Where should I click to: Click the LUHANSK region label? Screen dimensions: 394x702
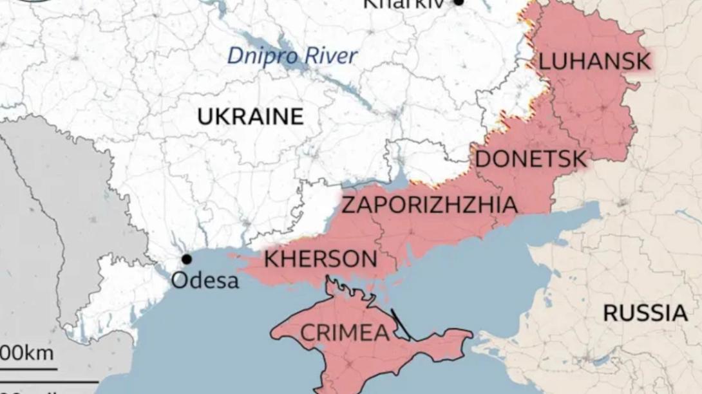click(594, 62)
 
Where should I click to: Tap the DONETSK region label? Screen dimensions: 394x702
click(531, 158)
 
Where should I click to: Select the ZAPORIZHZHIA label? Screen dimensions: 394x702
click(429, 205)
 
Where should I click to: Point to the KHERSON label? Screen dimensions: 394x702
click(321, 259)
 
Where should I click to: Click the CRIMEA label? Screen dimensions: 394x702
click(345, 333)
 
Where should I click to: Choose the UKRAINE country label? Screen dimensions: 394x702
click(251, 117)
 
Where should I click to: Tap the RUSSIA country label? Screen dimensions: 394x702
click(645, 314)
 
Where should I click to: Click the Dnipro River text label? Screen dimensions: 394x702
click(292, 56)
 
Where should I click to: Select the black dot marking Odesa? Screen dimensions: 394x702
click(186, 259)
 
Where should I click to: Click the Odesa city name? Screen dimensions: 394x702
click(205, 281)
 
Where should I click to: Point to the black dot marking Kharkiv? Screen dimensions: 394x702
click(459, 3)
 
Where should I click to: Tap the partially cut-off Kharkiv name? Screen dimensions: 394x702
click(405, 3)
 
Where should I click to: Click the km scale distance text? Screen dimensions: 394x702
click(26, 353)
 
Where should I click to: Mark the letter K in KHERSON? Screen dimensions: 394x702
click(272, 259)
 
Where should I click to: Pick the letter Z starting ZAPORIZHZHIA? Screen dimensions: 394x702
click(348, 205)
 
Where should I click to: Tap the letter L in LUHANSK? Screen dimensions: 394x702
click(544, 62)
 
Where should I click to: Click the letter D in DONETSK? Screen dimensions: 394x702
click(483, 158)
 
